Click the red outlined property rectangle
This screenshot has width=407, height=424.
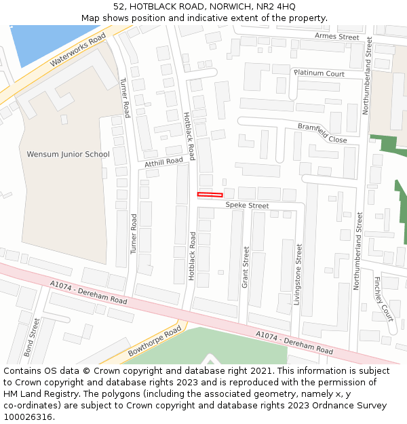(210, 195)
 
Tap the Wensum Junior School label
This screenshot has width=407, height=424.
(68, 154)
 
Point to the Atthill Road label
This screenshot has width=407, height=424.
(164, 162)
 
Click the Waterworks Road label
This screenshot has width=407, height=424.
(79, 50)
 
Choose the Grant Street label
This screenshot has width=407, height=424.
(246, 267)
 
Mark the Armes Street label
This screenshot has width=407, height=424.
(336, 37)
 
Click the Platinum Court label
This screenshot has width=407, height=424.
(319, 73)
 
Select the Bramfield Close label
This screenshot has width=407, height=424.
(322, 133)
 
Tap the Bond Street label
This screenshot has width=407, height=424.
(31, 337)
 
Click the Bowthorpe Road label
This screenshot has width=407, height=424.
(155, 341)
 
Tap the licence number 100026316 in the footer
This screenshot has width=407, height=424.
(28, 417)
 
